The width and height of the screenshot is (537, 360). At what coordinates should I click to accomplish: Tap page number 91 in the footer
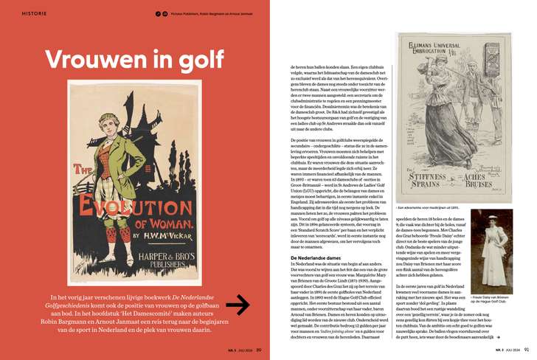(x=526, y=350)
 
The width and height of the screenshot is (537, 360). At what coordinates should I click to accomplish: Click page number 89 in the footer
(x=258, y=350)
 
